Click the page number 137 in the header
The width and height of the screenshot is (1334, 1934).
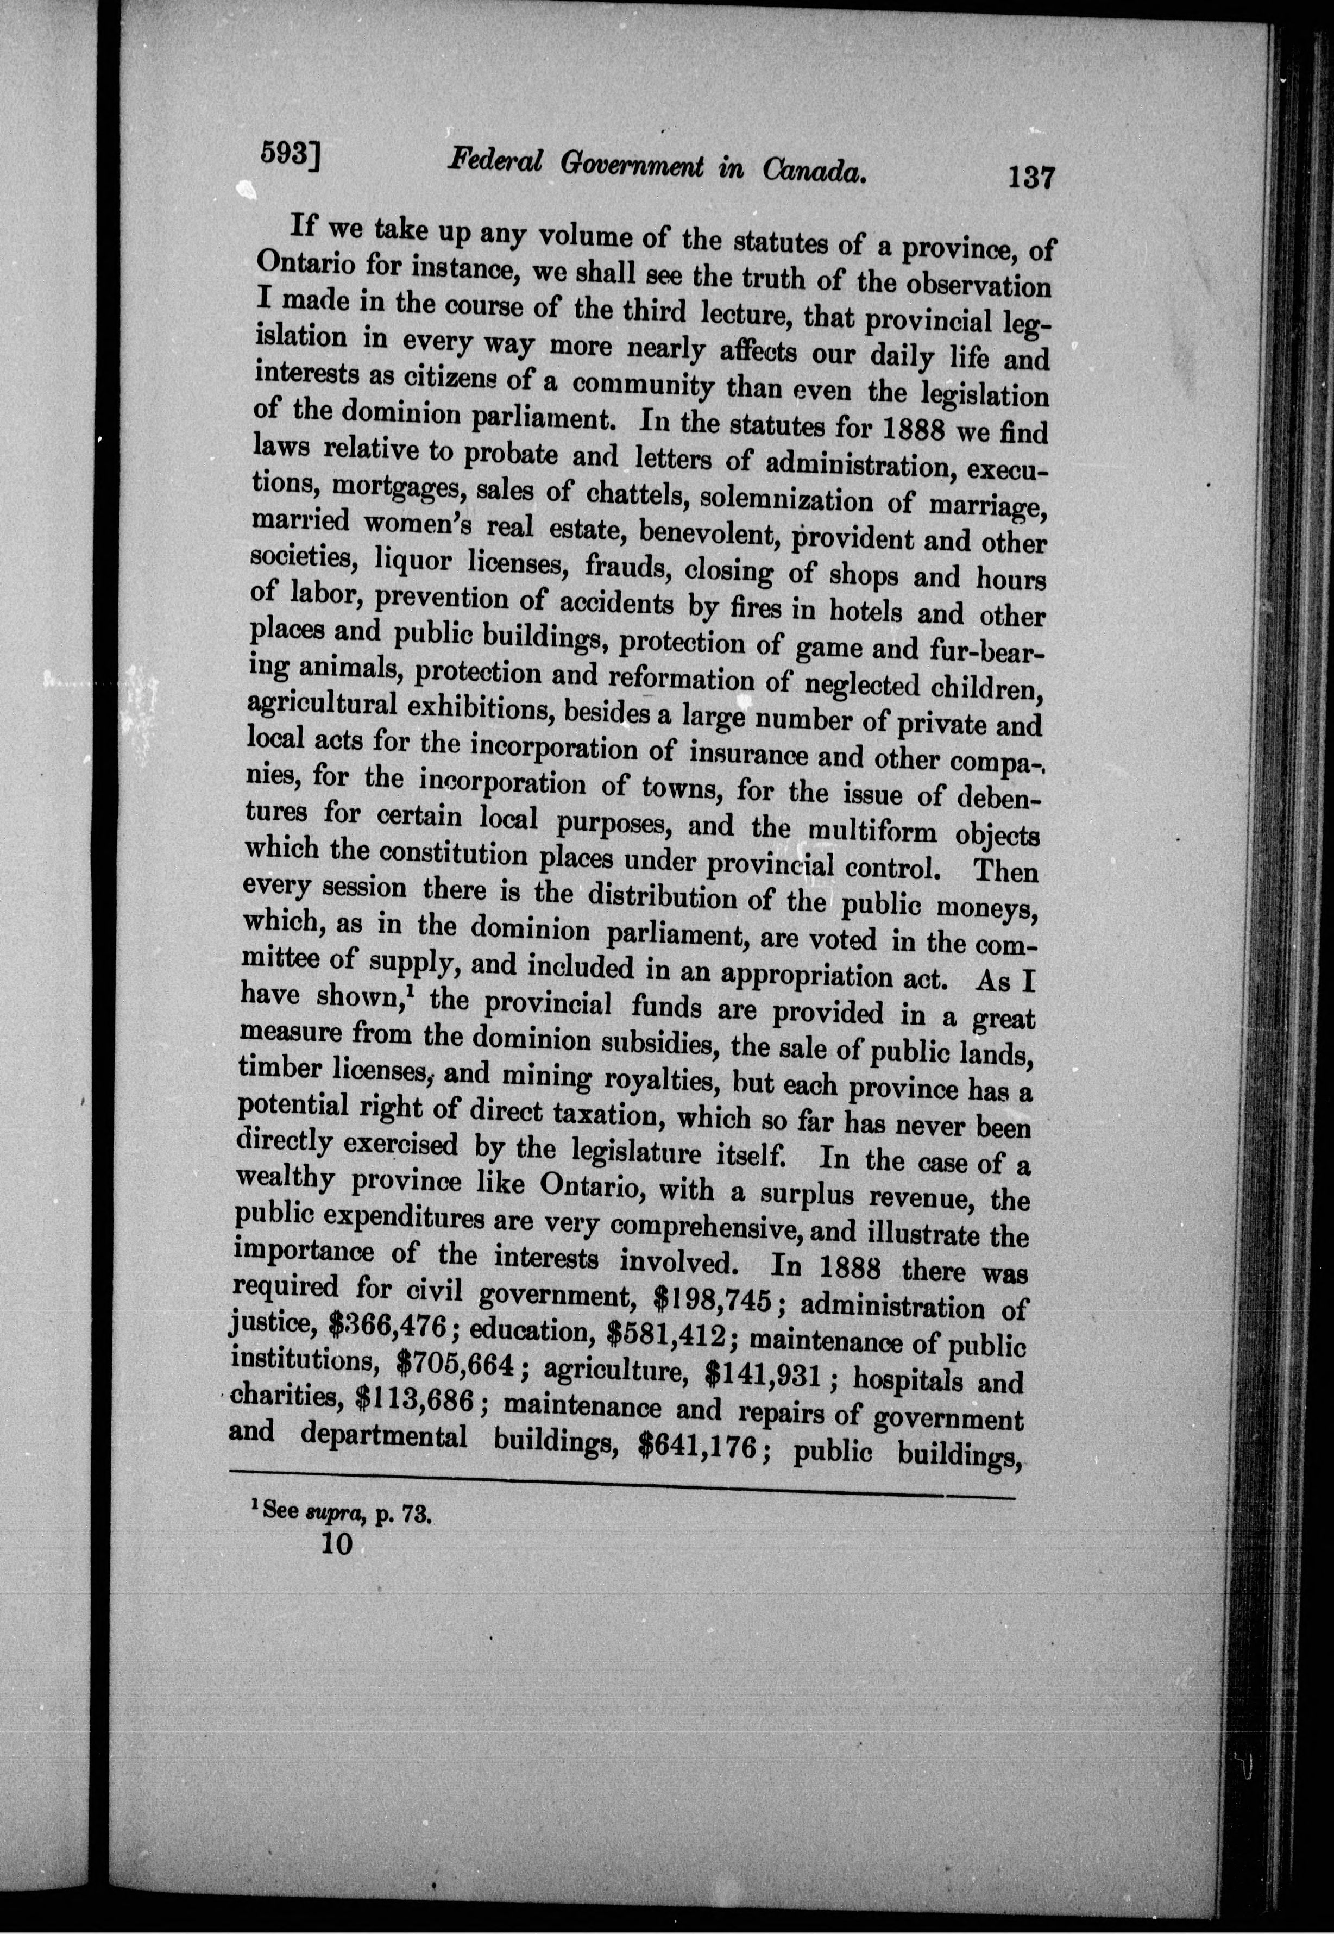[1031, 178]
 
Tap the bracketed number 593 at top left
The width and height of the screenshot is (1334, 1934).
[292, 154]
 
